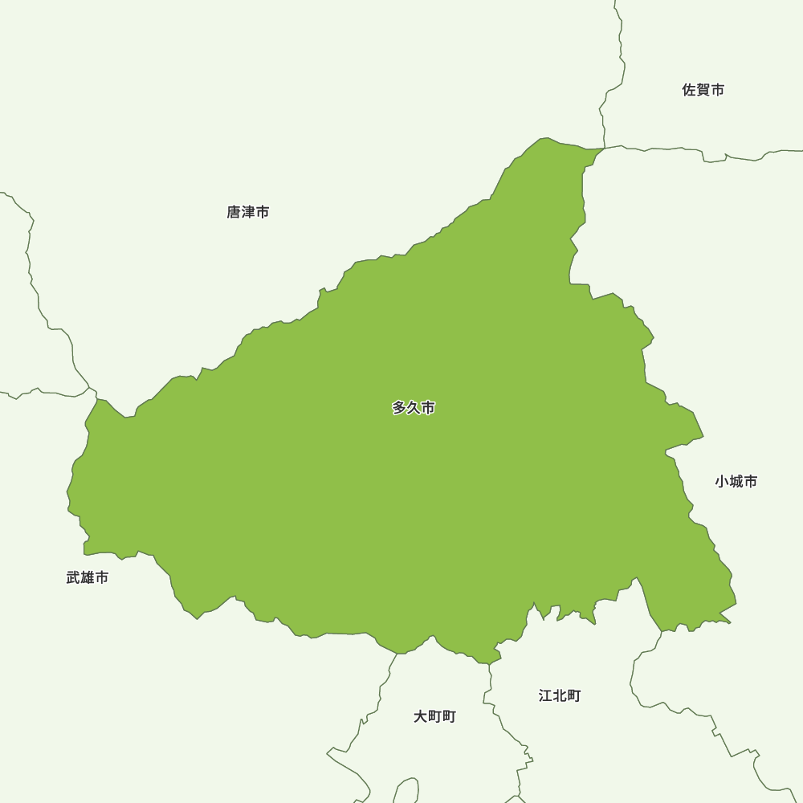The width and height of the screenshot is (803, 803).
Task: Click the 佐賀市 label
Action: (x=703, y=90)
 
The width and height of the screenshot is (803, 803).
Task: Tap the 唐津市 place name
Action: (x=247, y=212)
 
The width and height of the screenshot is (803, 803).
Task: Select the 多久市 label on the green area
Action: (x=414, y=408)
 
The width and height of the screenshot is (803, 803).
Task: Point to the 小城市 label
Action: (x=736, y=482)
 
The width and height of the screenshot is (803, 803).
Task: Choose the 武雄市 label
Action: (x=88, y=577)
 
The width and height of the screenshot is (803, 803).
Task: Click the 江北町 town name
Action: (x=559, y=695)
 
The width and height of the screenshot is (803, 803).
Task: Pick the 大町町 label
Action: (x=434, y=716)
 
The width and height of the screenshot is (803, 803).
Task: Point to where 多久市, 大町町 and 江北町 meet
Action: (x=490, y=664)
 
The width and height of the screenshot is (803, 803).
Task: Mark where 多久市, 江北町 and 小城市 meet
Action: (x=661, y=631)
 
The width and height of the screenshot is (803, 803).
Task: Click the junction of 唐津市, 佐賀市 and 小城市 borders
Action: (x=604, y=149)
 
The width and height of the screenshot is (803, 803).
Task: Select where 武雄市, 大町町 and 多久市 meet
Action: (x=397, y=653)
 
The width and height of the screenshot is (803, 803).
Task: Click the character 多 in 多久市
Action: (x=399, y=408)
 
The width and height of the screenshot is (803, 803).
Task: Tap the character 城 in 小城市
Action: (x=736, y=482)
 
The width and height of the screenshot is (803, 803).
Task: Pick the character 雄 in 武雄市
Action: (x=88, y=577)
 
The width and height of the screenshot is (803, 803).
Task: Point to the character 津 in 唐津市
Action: (x=247, y=212)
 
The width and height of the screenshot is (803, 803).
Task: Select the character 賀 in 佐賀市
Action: (x=703, y=90)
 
